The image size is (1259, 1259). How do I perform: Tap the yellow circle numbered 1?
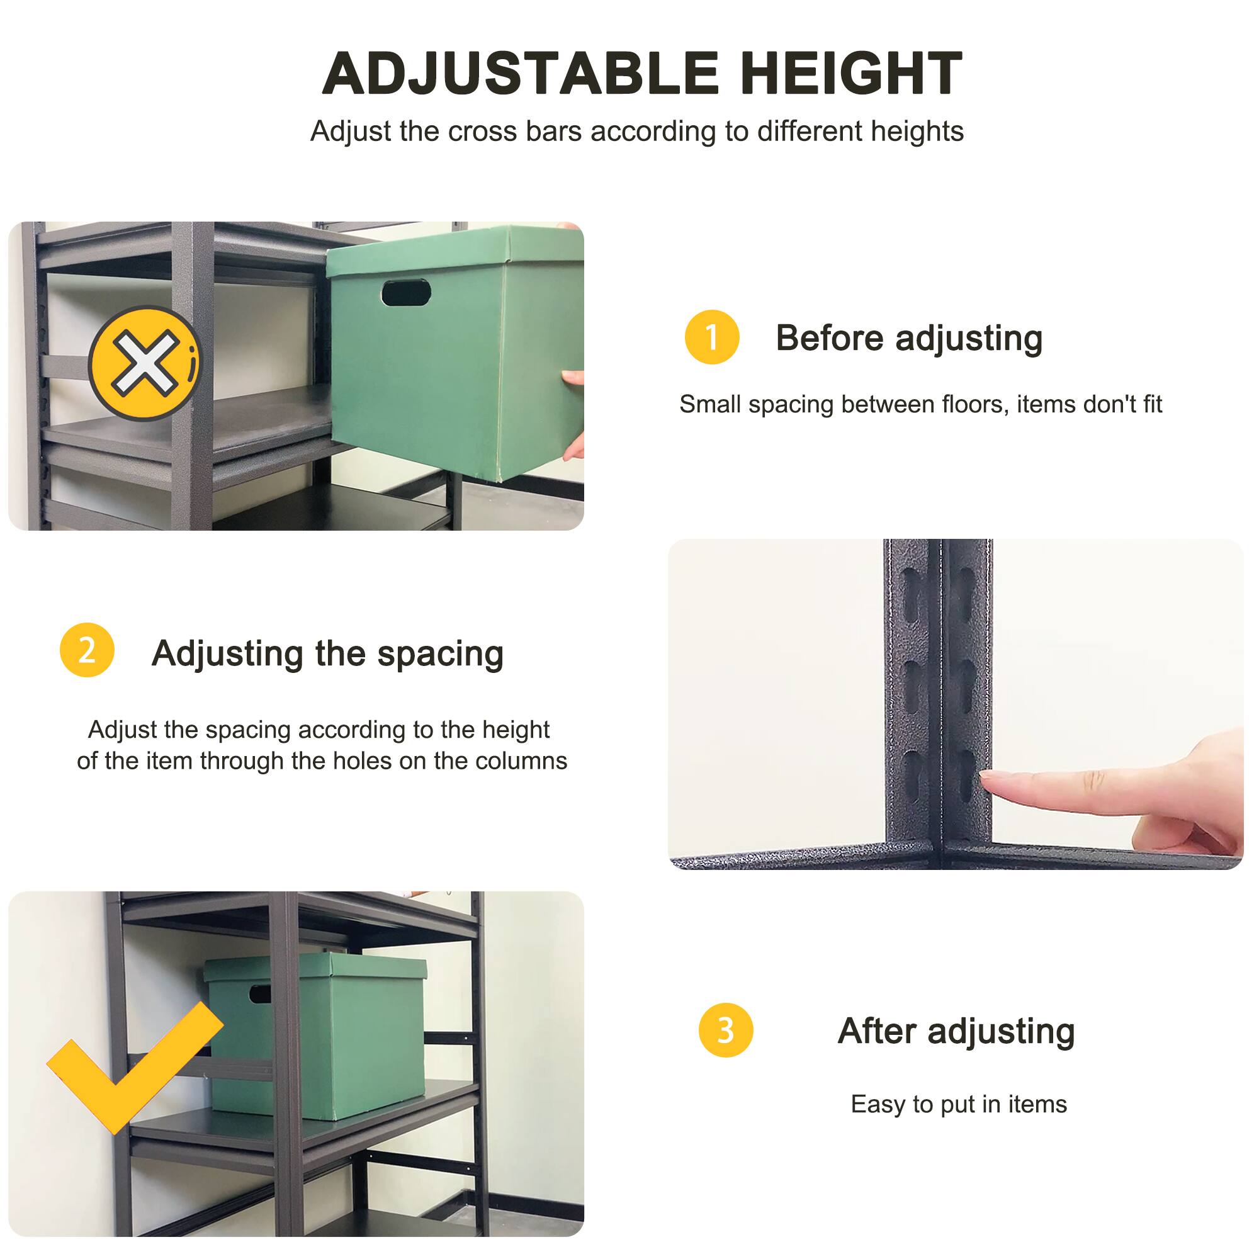pos(711,337)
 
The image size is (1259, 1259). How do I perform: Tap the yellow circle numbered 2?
pos(87,650)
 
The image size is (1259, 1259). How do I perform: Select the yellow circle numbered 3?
pos(725,1030)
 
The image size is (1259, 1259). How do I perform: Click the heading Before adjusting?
pos(908,338)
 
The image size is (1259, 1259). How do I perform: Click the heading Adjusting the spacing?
pos(327,653)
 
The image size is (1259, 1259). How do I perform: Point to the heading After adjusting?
pos(956,1031)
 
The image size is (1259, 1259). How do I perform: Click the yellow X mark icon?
pos(144,363)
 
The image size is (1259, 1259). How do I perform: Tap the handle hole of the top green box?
pos(406,293)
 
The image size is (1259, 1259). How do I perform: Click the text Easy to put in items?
pos(959,1104)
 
